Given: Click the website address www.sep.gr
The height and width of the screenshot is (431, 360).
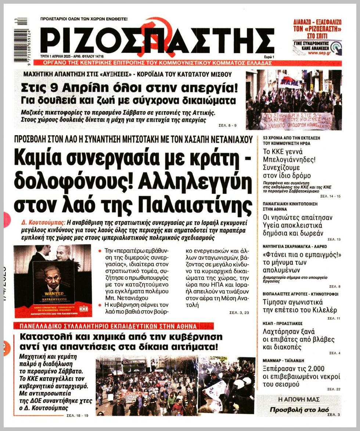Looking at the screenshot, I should coord(318,52).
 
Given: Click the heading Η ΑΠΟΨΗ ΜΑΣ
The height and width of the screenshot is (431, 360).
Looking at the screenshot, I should coord(299,399).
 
